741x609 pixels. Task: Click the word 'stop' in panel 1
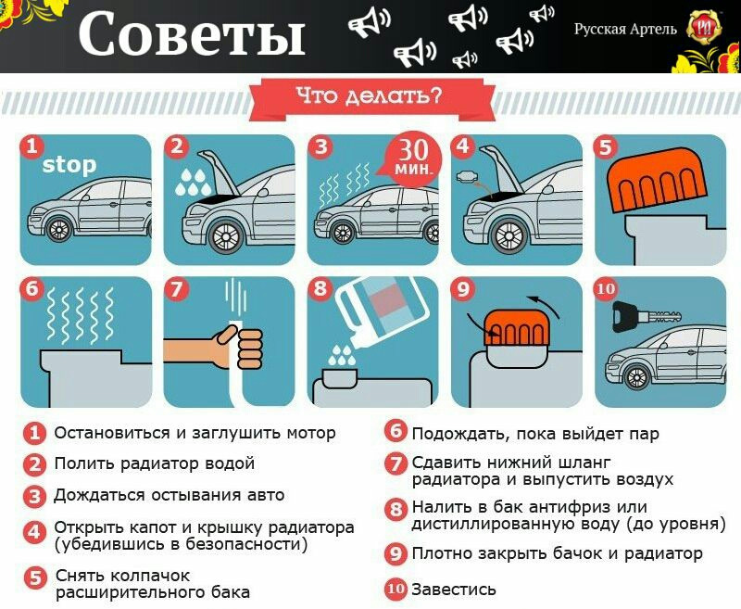pos(69,166)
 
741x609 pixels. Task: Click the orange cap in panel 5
pos(653,181)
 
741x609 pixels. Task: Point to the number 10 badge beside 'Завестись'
pos(396,589)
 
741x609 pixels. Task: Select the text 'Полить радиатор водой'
pos(154,463)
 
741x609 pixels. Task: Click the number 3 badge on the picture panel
pos(320,146)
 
